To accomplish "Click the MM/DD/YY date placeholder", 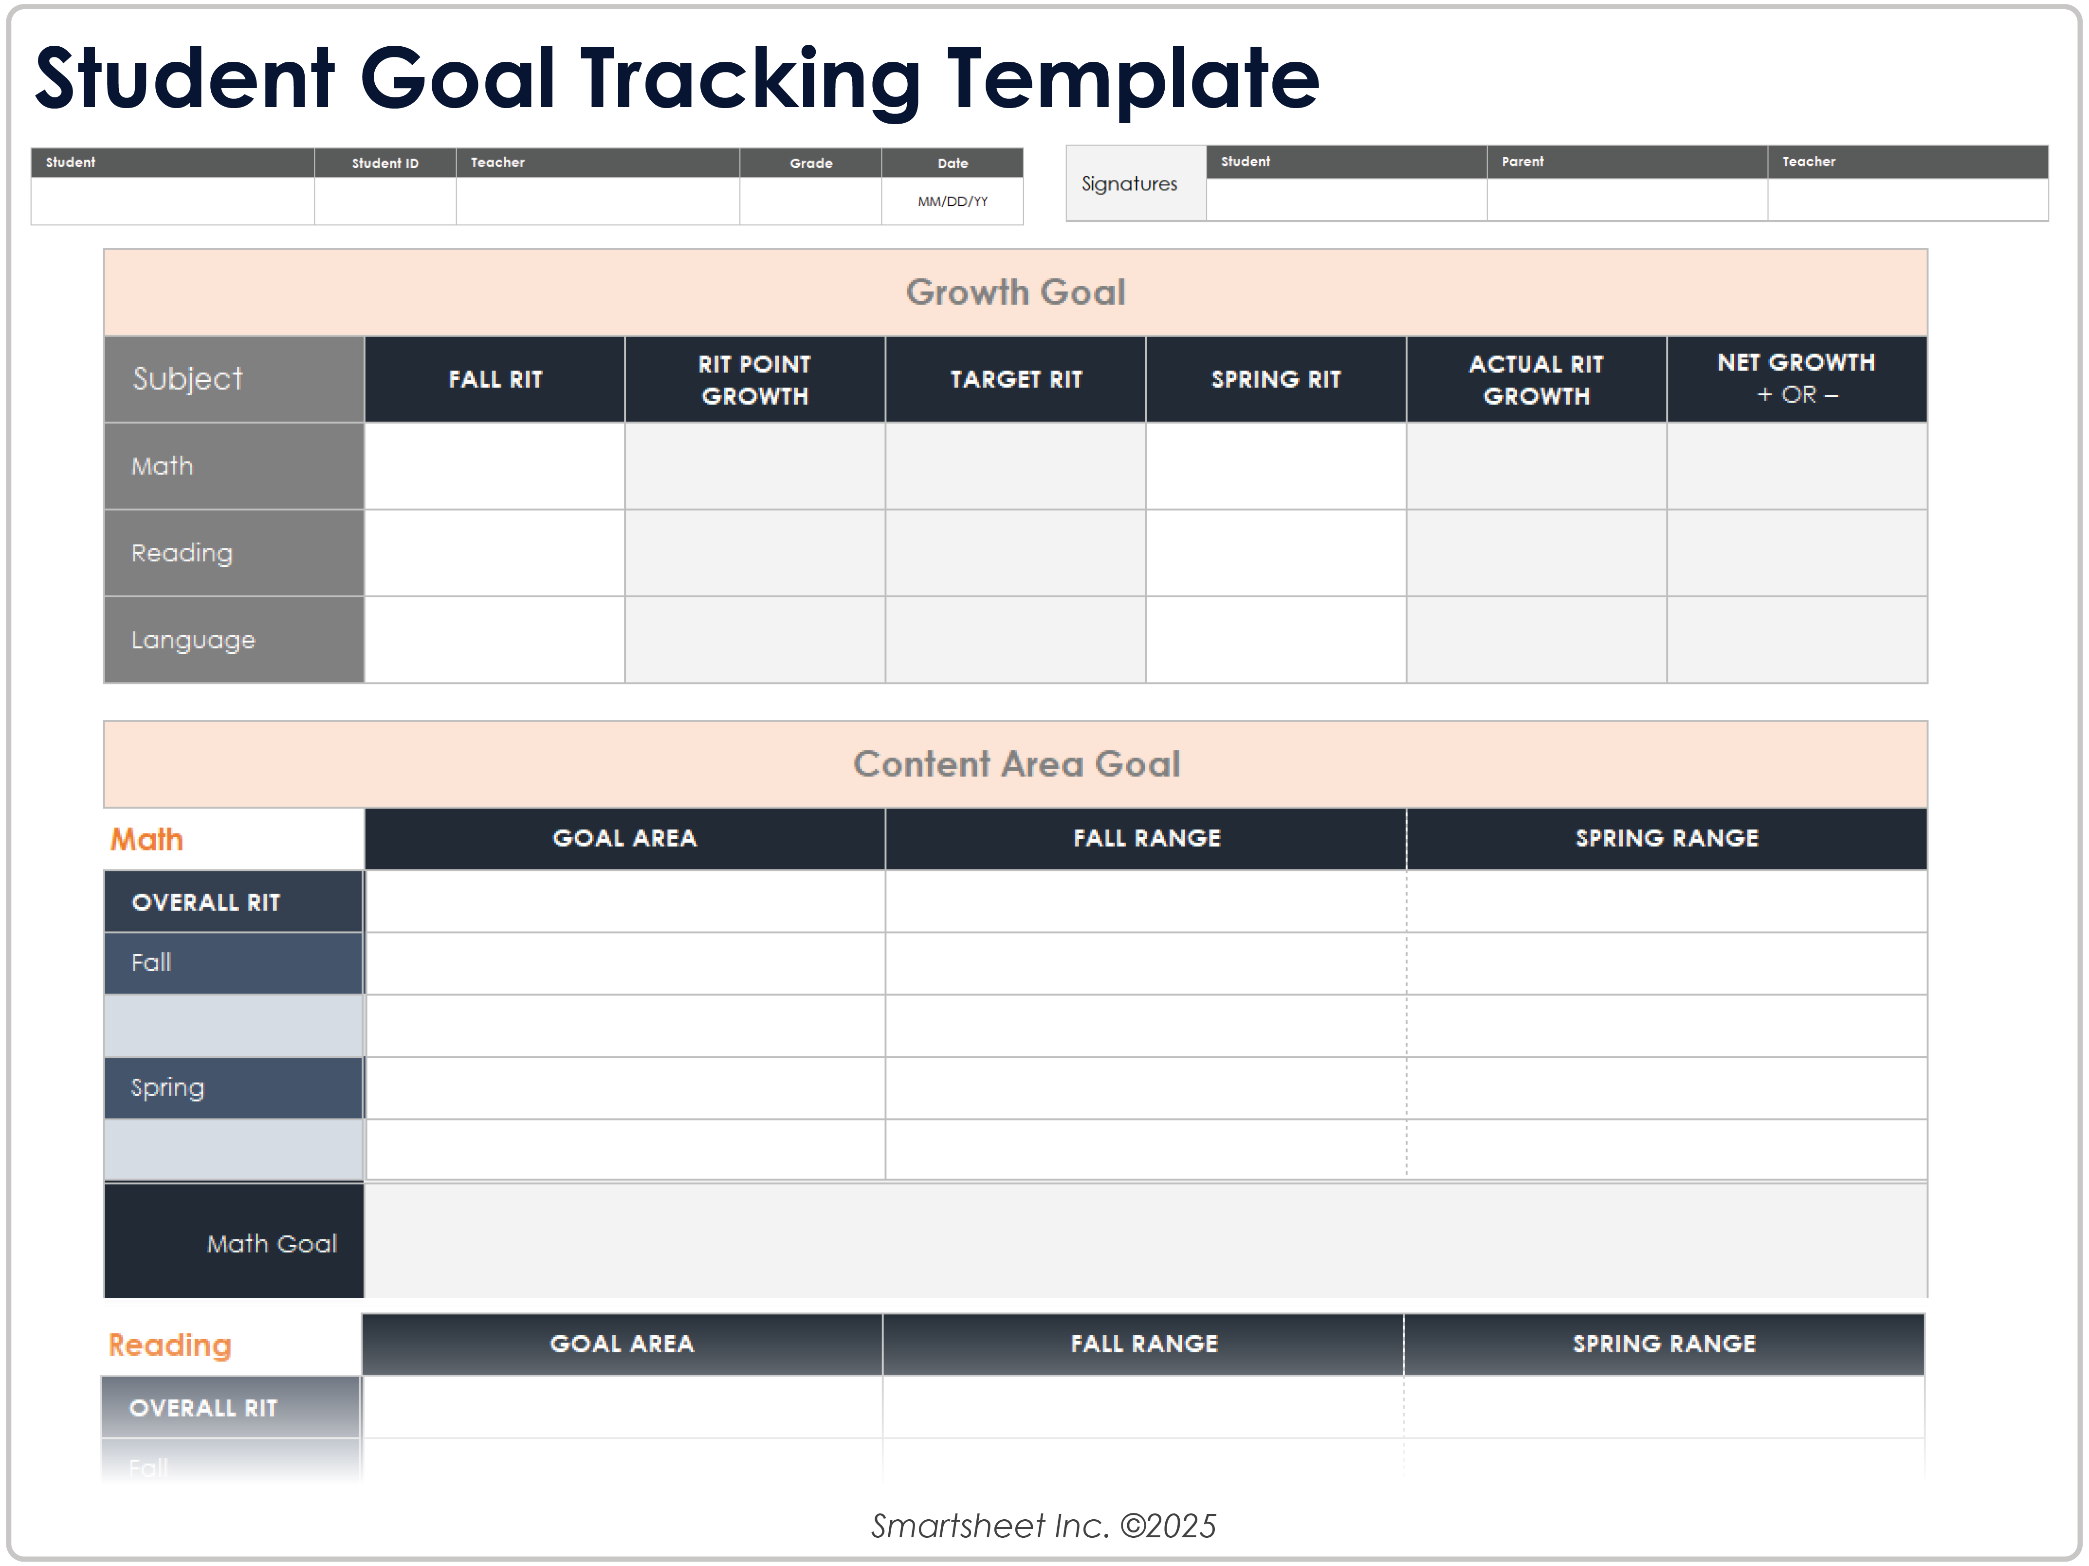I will (x=952, y=201).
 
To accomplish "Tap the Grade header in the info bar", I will (x=810, y=163).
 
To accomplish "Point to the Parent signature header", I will (x=1522, y=162).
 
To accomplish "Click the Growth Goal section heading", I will (x=1015, y=292).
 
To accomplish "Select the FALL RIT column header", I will (x=495, y=379).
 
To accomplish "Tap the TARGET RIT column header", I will (x=1015, y=379).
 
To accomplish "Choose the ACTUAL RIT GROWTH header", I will (x=1536, y=379).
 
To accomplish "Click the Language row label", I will (x=194, y=640).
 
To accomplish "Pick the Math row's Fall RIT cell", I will (x=495, y=466).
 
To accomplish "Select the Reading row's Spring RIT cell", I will (x=1276, y=553).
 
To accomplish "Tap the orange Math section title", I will (x=147, y=839).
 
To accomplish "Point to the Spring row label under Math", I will (x=168, y=1087).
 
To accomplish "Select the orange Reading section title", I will (x=170, y=1344).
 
